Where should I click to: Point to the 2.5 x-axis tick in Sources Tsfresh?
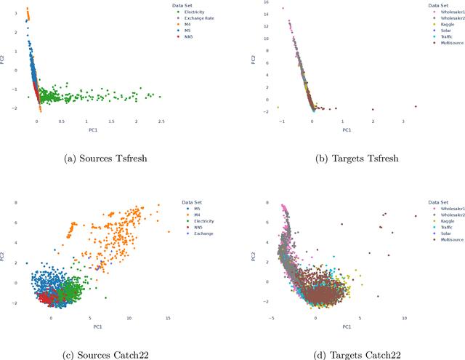[160, 122]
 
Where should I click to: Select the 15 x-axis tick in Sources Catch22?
[167, 318]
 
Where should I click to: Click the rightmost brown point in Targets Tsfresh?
[416, 106]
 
